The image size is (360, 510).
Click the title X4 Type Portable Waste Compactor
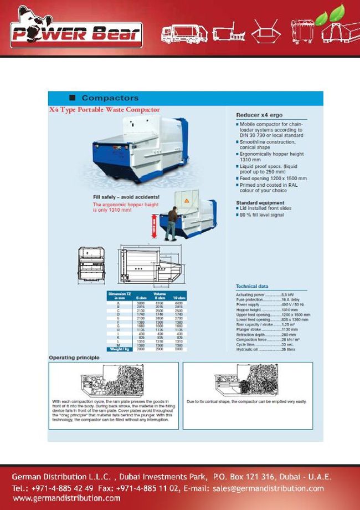point(105,110)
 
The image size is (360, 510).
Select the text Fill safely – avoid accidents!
point(126,197)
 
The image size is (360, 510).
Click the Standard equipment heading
point(260,203)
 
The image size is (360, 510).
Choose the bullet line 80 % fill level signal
point(263,214)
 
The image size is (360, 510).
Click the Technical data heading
point(253,286)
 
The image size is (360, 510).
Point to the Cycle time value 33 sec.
point(289,344)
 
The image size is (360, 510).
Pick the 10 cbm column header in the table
point(178,298)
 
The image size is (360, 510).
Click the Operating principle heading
point(74,358)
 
